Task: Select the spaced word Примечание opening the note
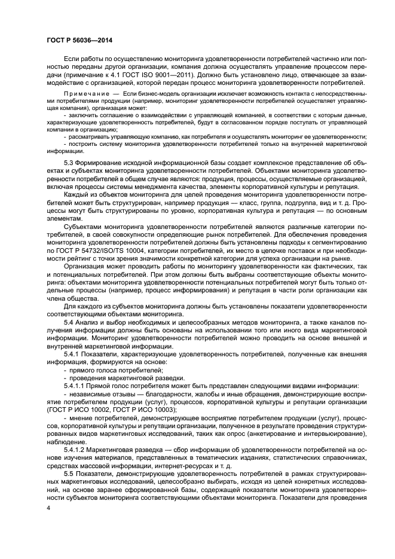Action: (84, 94)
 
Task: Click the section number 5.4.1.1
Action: (76, 386)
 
